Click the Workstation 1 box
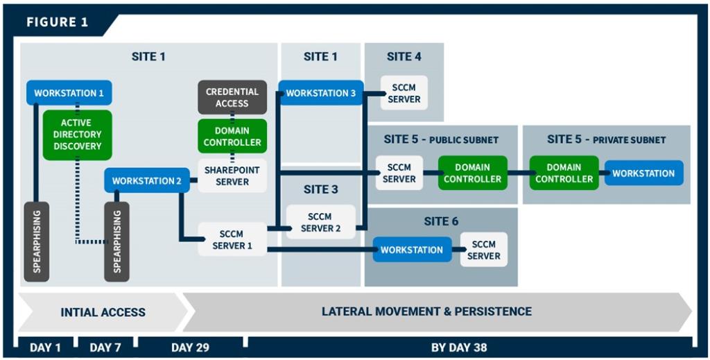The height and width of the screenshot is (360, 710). tap(69, 93)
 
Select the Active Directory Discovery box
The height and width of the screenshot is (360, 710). tap(76, 135)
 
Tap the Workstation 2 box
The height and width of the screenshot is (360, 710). tap(146, 181)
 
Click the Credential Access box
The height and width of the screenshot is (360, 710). tap(232, 97)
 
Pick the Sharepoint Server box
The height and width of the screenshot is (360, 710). tap(232, 176)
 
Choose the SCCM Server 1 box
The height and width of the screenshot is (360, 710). tap(232, 239)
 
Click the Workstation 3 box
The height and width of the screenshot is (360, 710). tap(320, 93)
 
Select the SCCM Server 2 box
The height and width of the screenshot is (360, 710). tap(320, 222)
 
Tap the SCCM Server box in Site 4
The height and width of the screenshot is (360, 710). tap(404, 93)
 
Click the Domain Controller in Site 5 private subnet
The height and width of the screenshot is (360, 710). tap(564, 173)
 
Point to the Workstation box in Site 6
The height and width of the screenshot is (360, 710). tap(411, 250)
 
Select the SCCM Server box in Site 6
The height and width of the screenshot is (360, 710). tap(483, 250)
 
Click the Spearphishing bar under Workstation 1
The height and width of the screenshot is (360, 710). tap(36, 241)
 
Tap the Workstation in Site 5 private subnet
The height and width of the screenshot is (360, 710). tap(643, 173)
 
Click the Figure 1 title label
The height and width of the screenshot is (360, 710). tap(58, 22)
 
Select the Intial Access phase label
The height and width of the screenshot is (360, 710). tap(103, 312)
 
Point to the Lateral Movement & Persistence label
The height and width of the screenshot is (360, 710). tap(426, 311)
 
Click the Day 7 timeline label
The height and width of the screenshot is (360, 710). tap(105, 348)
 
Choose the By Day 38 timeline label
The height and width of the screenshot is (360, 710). tap(459, 348)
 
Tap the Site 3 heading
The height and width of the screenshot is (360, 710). tap(320, 189)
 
